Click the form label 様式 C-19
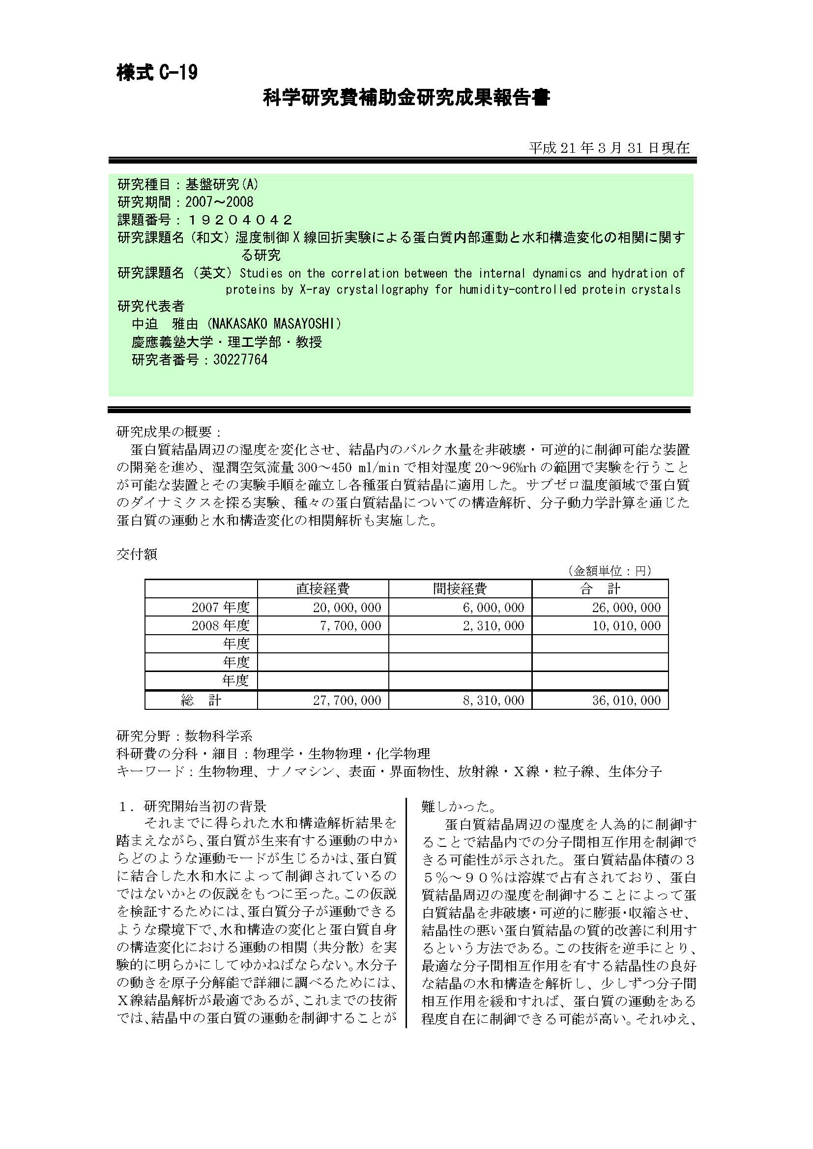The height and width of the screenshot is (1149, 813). pos(157,73)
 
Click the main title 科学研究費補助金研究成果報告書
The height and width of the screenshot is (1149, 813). pos(406,98)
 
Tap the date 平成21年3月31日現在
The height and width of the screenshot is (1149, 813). pos(609,148)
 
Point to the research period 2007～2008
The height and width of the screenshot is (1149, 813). pos(219,202)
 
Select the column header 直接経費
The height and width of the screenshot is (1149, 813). pos(323,589)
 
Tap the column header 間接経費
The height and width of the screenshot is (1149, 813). pos(460,589)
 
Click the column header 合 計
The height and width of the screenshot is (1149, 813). pos(600,589)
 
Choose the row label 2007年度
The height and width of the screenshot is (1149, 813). pos(220,608)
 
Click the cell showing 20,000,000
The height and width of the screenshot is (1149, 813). pos(347,608)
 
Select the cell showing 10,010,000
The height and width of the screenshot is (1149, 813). pos(627,625)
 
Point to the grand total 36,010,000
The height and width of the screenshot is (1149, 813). pos(627,701)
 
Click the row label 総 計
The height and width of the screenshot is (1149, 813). pos(201,701)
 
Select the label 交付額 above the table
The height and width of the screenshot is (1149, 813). pos(137,555)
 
